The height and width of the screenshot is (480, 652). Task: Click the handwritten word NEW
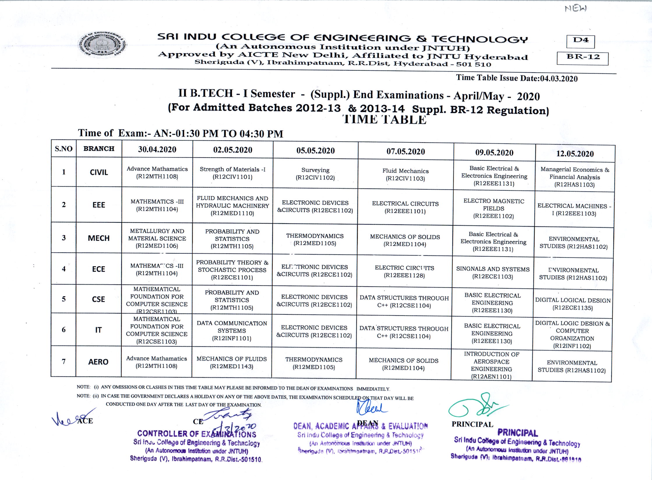pyautogui.click(x=575, y=9)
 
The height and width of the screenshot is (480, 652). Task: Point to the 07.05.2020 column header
pyautogui.click(x=406, y=151)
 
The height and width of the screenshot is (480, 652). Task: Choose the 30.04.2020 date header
pyautogui.click(x=157, y=149)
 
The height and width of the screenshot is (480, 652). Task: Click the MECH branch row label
pyautogui.click(x=99, y=238)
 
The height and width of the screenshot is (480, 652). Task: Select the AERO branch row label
pyautogui.click(x=98, y=362)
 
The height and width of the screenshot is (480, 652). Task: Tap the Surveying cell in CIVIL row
pyautogui.click(x=315, y=174)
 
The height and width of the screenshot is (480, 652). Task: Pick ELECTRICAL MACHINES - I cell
pyautogui.click(x=574, y=210)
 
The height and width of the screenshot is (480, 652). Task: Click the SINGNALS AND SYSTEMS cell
pyautogui.click(x=493, y=273)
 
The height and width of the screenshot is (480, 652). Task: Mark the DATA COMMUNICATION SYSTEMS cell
pyautogui.click(x=232, y=330)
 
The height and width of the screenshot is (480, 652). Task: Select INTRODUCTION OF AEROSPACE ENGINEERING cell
pyautogui.click(x=491, y=365)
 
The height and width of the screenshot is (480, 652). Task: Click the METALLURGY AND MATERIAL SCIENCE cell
pyautogui.click(x=157, y=238)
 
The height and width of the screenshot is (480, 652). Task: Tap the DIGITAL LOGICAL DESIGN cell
pyautogui.click(x=573, y=304)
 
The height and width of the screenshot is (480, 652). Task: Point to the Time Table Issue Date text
pyautogui.click(x=517, y=78)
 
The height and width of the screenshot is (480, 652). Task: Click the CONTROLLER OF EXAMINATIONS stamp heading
pyautogui.click(x=197, y=434)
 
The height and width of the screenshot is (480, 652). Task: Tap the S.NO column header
pyautogui.click(x=64, y=149)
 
